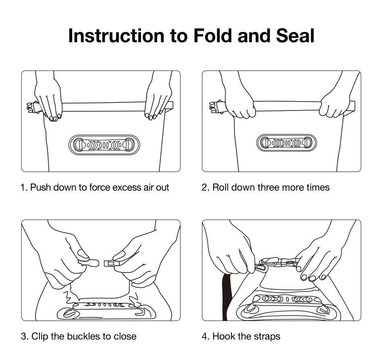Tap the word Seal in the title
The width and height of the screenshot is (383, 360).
[295, 35]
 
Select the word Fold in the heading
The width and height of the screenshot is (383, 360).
[212, 35]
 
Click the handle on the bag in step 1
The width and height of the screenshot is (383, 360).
[104, 145]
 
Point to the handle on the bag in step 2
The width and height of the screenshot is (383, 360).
[286, 143]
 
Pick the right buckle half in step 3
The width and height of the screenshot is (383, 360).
[111, 263]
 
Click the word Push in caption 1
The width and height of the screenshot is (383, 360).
[41, 187]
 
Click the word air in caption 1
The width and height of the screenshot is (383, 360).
[148, 187]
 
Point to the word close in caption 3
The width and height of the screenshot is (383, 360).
[125, 336]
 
